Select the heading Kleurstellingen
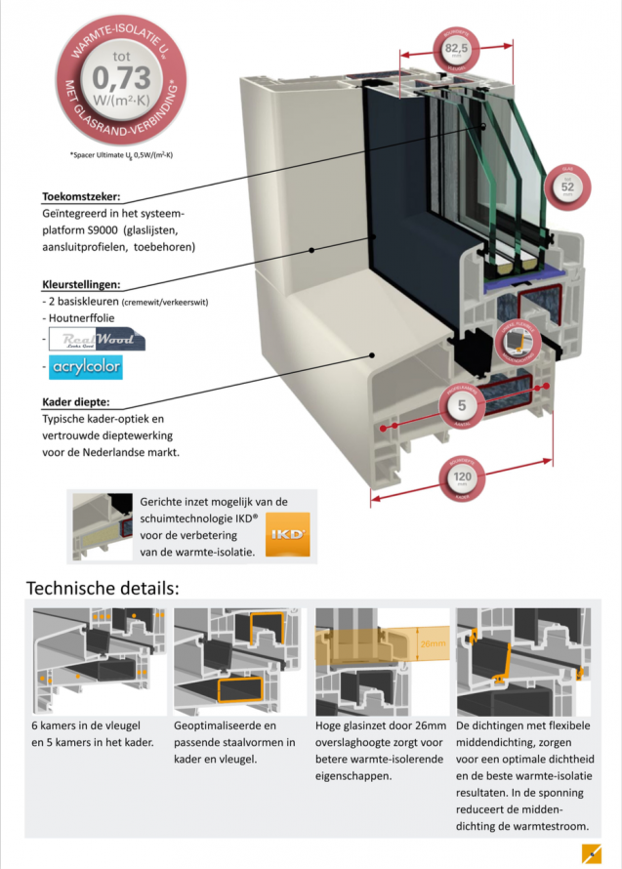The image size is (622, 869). tap(81, 284)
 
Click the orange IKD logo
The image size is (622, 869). tap(287, 534)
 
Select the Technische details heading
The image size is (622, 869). tap(103, 589)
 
